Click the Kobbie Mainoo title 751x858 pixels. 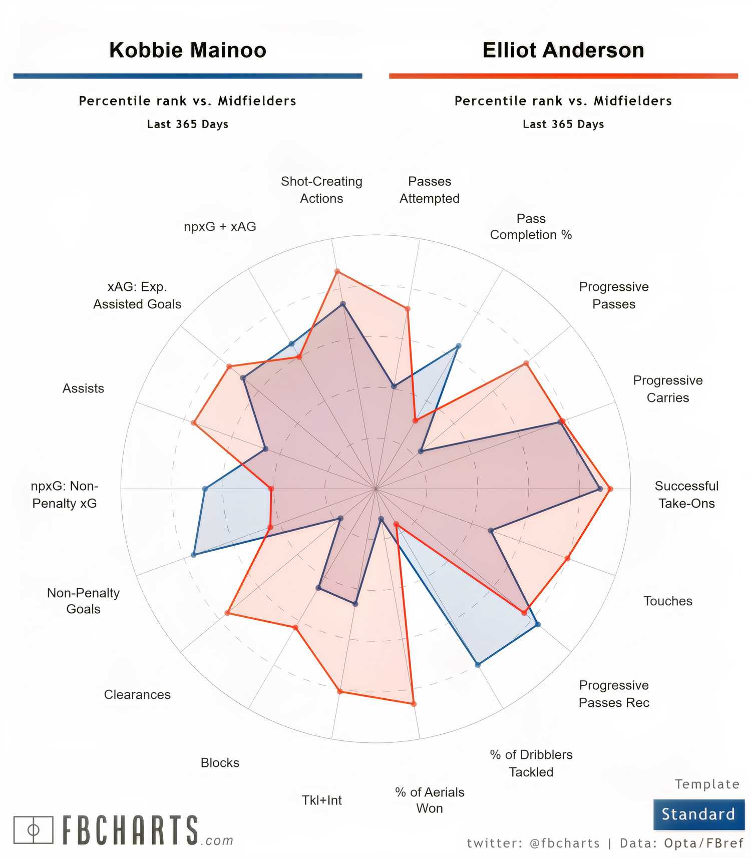click(x=188, y=50)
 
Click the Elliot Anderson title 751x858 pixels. click(x=563, y=50)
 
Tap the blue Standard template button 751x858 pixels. click(x=698, y=814)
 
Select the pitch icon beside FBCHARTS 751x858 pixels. click(x=33, y=830)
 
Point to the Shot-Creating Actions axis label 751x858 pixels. click(x=321, y=190)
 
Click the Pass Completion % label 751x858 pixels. click(x=531, y=227)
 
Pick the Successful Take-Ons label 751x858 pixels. click(x=686, y=495)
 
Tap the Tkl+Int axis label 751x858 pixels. click(x=321, y=800)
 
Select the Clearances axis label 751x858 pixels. click(x=137, y=695)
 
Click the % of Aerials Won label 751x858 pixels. click(x=430, y=800)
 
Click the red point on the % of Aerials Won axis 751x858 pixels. click(x=414, y=704)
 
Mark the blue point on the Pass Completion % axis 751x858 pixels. click(x=459, y=346)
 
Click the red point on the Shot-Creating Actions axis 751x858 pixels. click(x=337, y=272)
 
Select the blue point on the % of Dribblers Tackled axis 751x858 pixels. click(x=478, y=665)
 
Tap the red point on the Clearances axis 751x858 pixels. click(x=227, y=613)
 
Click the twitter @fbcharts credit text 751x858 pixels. click(x=533, y=843)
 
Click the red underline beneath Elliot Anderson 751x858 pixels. click(x=563, y=76)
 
